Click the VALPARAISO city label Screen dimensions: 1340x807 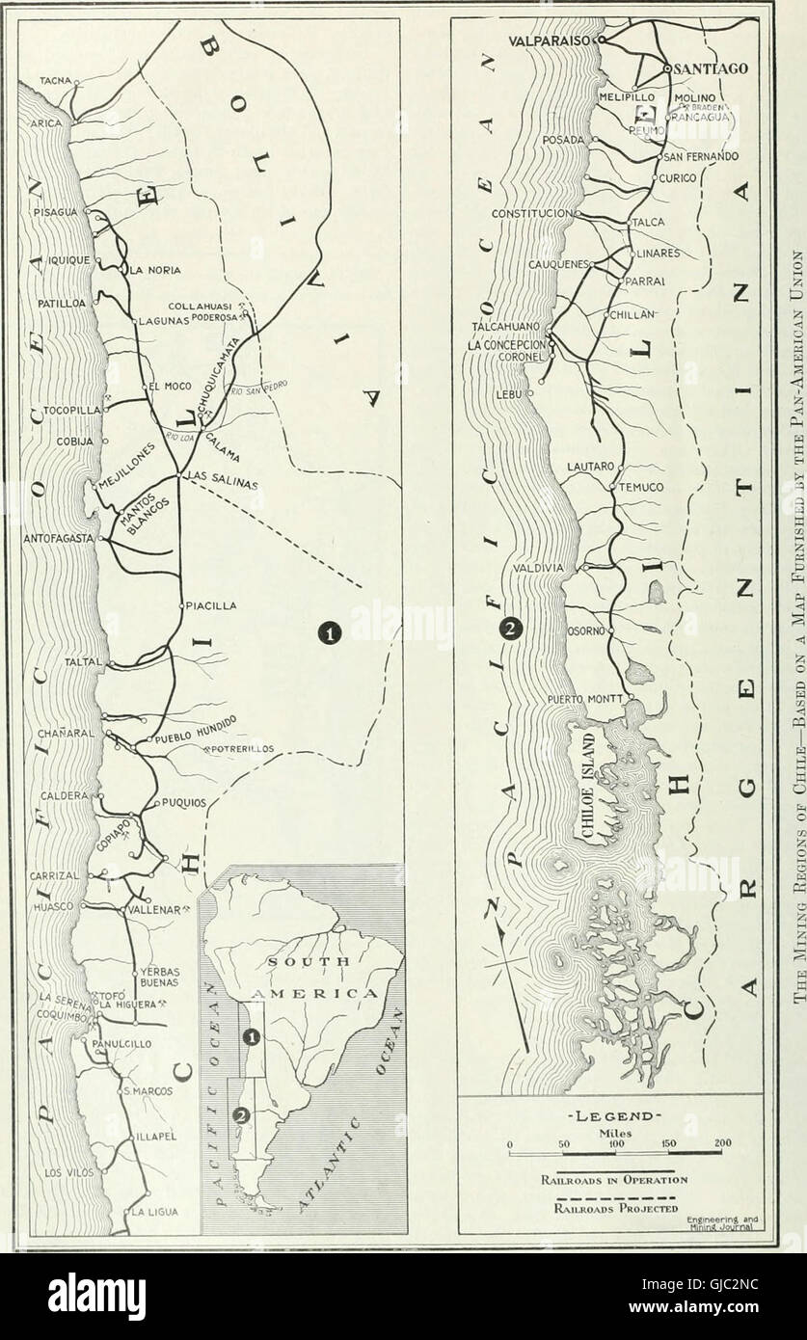coord(551,41)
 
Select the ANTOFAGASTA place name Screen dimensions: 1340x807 coord(56,538)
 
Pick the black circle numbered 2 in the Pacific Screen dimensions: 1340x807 coord(510,630)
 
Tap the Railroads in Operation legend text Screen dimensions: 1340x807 coord(613,1179)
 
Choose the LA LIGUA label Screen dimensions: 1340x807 coord(154,1212)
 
